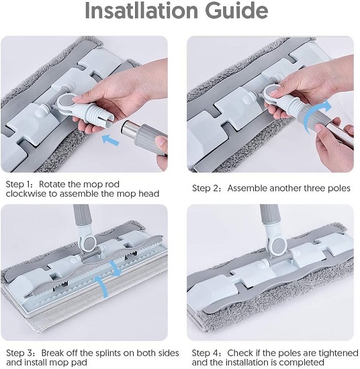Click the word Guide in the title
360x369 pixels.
(236, 11)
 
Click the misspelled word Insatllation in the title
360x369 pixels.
(141, 11)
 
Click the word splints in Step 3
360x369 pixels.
(106, 354)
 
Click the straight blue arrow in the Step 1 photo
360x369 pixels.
(111, 140)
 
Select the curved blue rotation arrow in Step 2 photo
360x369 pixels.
(315, 116)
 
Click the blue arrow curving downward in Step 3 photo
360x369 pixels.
(116, 268)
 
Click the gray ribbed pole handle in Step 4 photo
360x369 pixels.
(270, 215)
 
